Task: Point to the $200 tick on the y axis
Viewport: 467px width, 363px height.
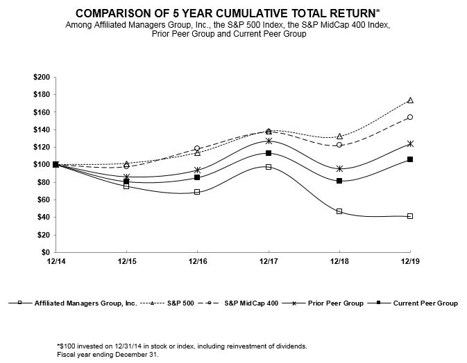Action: pos(41,77)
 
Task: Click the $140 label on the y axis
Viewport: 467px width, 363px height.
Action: pos(41,130)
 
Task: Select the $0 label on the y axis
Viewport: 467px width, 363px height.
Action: pos(45,253)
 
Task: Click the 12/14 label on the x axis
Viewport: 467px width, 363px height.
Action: pos(56,262)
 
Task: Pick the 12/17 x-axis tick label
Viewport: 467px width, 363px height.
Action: pos(269,262)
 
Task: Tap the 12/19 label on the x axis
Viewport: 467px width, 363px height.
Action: pos(410,262)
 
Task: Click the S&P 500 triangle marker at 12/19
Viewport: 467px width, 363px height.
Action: pos(410,100)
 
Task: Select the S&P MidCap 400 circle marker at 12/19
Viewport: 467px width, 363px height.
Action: pos(410,117)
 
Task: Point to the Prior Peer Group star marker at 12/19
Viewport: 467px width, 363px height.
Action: pos(410,143)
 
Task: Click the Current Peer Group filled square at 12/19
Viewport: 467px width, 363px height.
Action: pos(410,159)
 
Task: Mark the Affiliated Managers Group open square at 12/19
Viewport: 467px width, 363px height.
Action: pos(410,216)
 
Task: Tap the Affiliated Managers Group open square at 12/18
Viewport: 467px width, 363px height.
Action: pos(339,211)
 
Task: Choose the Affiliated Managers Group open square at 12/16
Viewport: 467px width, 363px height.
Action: pos(197,192)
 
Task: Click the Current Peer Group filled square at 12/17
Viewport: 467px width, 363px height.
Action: pos(269,153)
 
